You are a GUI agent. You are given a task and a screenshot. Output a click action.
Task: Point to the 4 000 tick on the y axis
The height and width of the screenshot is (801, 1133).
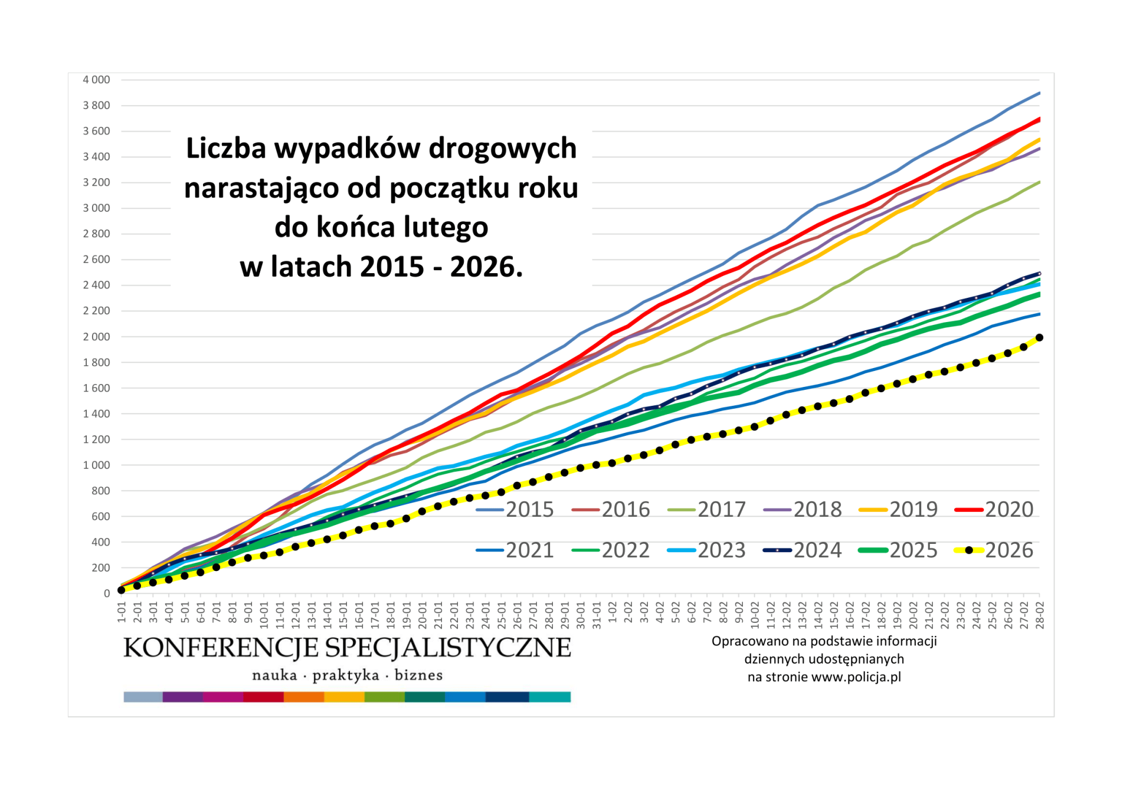[96, 80]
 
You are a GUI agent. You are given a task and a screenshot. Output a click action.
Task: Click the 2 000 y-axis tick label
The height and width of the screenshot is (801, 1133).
[96, 337]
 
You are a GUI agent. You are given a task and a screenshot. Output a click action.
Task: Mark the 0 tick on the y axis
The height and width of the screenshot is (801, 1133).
[106, 593]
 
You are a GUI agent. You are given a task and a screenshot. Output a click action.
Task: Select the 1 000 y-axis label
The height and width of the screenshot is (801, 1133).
[96, 465]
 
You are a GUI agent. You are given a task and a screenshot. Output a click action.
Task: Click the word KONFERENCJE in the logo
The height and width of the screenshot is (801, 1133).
[221, 648]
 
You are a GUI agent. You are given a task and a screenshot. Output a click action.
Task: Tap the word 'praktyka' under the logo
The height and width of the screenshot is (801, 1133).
[345, 675]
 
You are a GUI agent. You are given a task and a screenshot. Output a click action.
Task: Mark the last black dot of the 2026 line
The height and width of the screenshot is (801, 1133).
[1040, 338]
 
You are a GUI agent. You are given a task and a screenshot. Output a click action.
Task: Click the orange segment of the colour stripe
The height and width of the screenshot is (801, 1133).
[304, 697]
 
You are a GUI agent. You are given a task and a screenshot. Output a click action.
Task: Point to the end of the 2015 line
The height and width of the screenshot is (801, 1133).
[1040, 93]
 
